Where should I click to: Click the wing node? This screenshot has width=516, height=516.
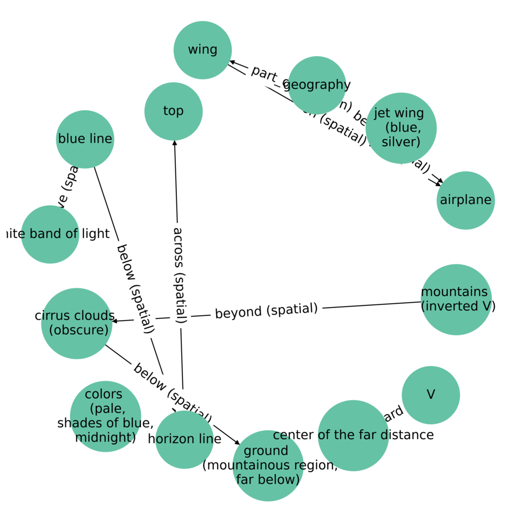point(202,50)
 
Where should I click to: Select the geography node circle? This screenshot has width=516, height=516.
point(317,85)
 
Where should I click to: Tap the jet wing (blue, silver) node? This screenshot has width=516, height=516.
point(401,128)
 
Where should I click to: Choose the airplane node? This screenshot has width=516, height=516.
point(465,200)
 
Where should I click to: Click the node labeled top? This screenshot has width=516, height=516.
point(174,111)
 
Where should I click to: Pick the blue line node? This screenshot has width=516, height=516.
point(85,139)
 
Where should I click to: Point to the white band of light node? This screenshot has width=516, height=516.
point(50,234)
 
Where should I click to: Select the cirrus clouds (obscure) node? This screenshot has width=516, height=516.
point(77,323)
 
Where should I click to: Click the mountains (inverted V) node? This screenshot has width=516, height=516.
point(456,299)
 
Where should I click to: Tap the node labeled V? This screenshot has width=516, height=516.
point(431,395)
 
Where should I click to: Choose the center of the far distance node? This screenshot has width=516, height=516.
point(353,435)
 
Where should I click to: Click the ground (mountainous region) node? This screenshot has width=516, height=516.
point(268,465)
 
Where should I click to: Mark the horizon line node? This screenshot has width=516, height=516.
point(185,439)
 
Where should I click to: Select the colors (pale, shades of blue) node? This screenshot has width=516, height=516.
point(106,416)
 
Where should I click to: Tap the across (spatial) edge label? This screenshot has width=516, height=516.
point(179,275)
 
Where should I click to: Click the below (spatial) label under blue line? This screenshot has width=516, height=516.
point(135,288)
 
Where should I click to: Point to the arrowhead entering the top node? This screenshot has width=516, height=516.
point(175,143)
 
